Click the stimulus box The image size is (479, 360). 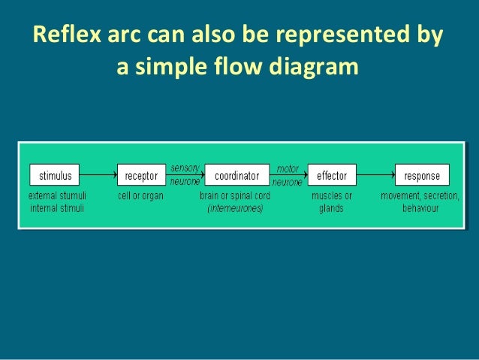tap(55, 176)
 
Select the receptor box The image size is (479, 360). tap(141, 176)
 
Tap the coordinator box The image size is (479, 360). tap(236, 176)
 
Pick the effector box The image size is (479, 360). tap(332, 176)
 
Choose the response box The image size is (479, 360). tap(422, 176)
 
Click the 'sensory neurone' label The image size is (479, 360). tap(185, 175)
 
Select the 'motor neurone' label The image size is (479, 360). tap(288, 175)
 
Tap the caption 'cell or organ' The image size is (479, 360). tap(141, 195)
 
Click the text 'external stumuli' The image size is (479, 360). tap(55, 195)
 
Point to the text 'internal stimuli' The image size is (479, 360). tap(55, 208)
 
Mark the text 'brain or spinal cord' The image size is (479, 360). tap(236, 195)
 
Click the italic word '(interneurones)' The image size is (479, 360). tap(236, 208)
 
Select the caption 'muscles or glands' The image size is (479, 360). tap(331, 201)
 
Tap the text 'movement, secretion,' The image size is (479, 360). tap(421, 195)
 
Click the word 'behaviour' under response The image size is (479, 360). tap(421, 208)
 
